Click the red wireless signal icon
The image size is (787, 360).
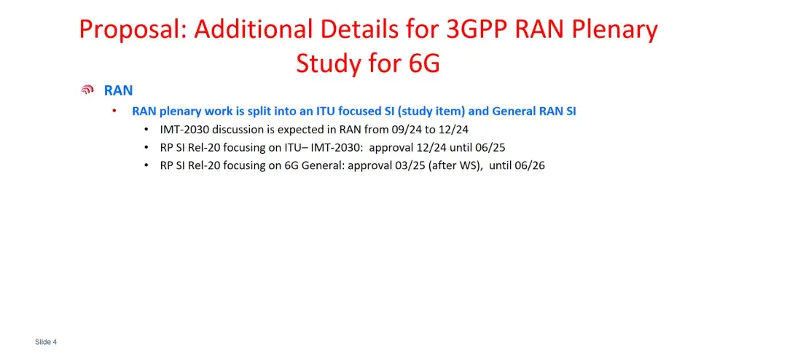87,90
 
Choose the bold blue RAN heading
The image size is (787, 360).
118,90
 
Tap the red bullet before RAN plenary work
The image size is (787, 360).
114,111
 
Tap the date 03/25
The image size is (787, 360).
410,165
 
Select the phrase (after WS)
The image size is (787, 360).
452,165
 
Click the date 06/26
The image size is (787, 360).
530,165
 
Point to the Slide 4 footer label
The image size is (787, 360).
46,342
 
